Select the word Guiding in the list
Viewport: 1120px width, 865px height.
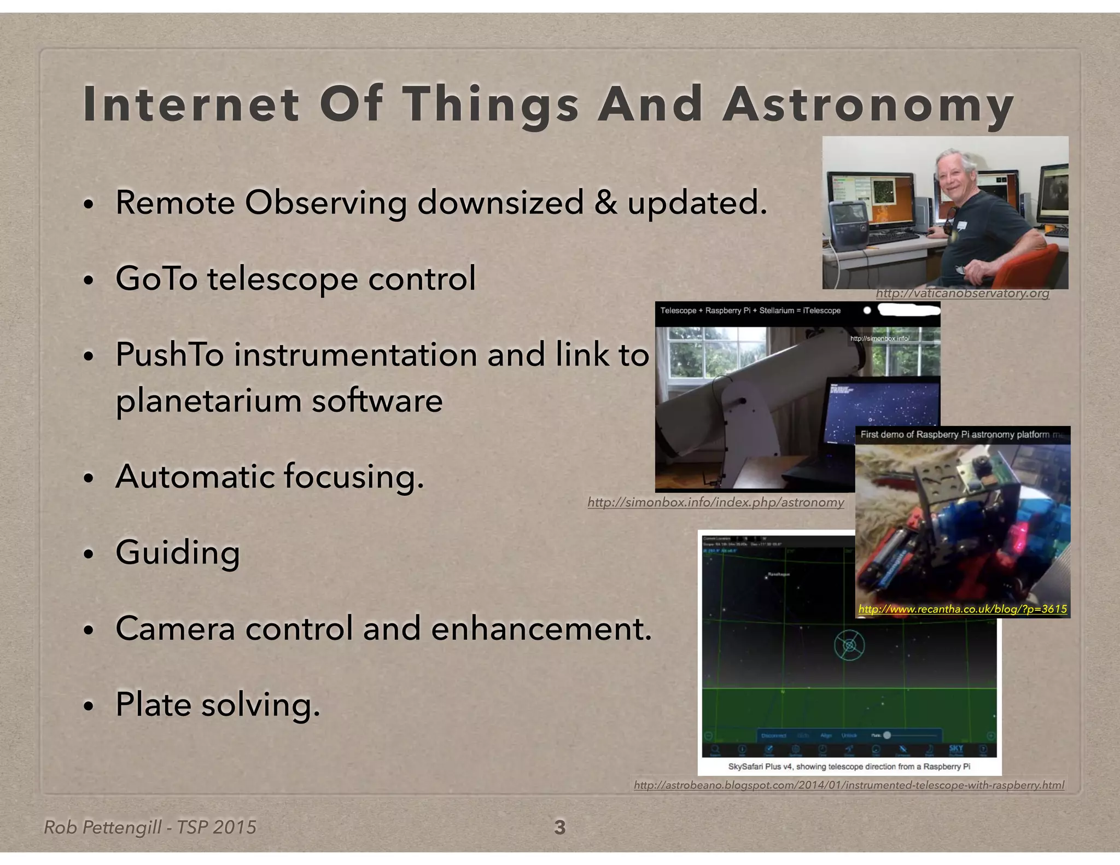point(178,552)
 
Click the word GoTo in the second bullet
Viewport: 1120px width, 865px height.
point(156,278)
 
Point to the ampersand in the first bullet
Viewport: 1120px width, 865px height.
point(605,203)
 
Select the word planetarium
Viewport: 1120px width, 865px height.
point(208,401)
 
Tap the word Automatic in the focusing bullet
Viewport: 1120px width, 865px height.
point(195,476)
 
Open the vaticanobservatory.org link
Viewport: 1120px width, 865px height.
point(962,294)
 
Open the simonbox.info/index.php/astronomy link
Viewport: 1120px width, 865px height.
point(715,502)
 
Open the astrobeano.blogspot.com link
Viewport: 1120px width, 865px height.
point(849,785)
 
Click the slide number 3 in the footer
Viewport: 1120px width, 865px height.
point(559,827)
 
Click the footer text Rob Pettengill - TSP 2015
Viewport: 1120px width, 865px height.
point(150,827)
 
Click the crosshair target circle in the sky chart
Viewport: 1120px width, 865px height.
point(849,646)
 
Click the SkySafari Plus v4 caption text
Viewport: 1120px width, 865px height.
point(849,767)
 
